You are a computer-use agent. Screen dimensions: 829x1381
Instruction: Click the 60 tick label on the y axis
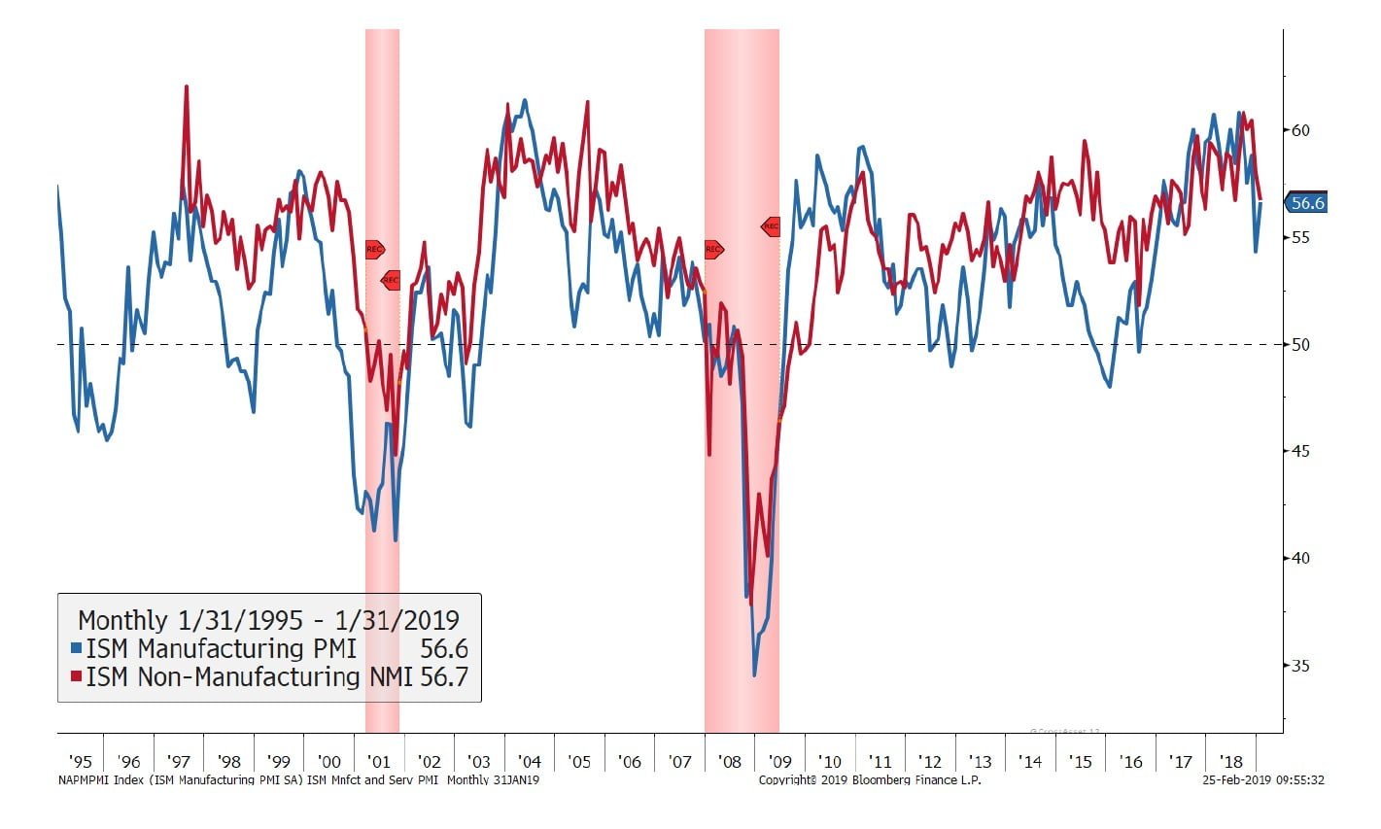point(1300,130)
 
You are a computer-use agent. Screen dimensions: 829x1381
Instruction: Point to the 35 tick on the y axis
point(1300,666)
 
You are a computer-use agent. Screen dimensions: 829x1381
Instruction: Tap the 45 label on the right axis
point(1300,451)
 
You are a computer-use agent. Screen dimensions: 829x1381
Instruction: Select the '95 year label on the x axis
point(81,762)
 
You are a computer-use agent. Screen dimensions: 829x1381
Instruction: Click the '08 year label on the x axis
point(729,762)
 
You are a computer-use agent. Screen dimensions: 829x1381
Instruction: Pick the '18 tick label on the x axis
point(1230,762)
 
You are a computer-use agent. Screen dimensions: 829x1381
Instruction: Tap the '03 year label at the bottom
point(478,762)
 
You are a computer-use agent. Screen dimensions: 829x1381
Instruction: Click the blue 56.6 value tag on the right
point(1307,203)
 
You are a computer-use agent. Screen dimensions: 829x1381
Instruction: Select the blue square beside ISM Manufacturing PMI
point(77,648)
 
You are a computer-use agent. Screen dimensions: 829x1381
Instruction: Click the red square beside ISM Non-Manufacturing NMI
point(77,676)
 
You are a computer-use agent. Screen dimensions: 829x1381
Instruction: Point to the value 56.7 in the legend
point(444,676)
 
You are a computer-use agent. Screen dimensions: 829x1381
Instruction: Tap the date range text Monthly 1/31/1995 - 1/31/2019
point(268,620)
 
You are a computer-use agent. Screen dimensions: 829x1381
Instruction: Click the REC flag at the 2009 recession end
point(771,226)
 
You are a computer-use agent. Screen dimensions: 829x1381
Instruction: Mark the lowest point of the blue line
point(754,675)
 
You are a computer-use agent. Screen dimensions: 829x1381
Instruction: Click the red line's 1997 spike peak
point(186,86)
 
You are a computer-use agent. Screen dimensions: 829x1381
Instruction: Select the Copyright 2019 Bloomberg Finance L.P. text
point(869,779)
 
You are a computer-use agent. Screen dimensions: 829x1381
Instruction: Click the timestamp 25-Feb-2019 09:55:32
point(1263,779)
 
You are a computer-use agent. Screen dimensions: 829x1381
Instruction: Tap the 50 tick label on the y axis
point(1300,344)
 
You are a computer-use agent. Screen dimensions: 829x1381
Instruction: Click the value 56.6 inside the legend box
point(444,648)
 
